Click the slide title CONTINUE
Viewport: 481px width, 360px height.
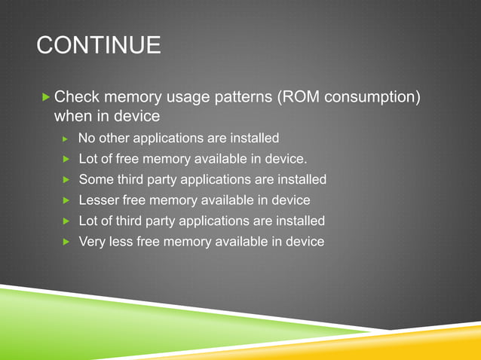tap(99, 45)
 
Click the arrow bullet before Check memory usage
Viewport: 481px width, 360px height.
tap(46, 97)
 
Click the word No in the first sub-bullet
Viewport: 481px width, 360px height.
tap(87, 139)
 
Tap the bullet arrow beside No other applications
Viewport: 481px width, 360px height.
tap(66, 139)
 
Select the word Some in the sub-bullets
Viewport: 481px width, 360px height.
tap(96, 180)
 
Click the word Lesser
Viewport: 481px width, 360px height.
tap(100, 200)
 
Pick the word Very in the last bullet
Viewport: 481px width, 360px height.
tap(93, 242)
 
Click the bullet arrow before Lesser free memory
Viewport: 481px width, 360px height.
tap(66, 201)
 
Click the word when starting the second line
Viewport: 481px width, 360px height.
tap(73, 117)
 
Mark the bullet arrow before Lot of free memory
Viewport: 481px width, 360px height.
tap(66, 160)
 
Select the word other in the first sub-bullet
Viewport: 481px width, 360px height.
tap(114, 139)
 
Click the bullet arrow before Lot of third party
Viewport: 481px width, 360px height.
tap(66, 221)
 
